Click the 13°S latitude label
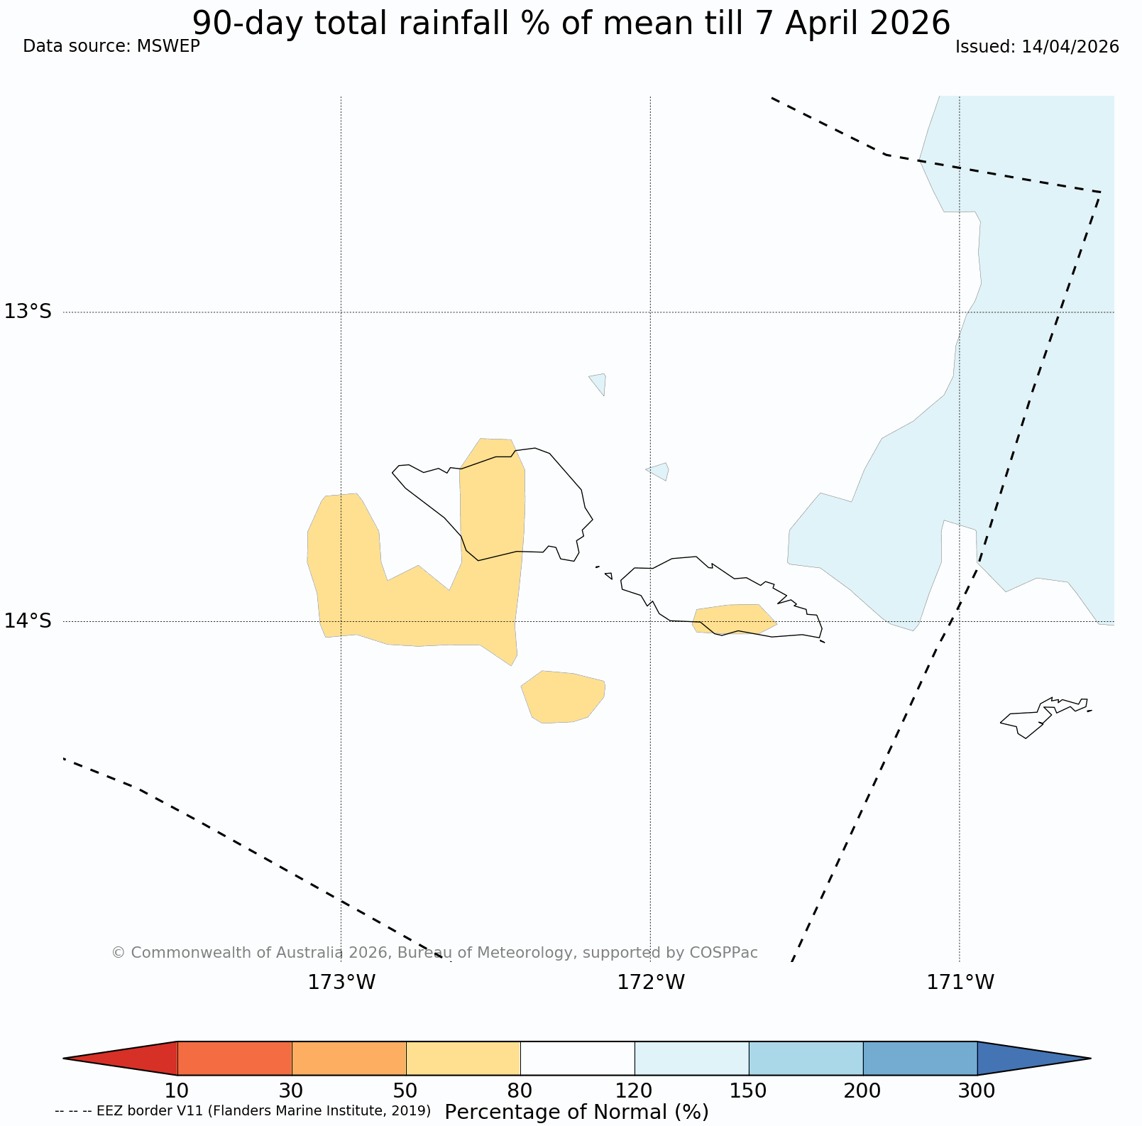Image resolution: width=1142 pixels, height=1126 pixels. [x=28, y=312]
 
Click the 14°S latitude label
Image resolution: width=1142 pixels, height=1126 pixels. [x=28, y=621]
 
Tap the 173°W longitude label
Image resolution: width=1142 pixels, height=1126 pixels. [x=341, y=983]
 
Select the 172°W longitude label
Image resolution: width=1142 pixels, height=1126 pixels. [x=651, y=983]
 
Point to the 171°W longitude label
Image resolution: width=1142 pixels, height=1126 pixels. [x=960, y=983]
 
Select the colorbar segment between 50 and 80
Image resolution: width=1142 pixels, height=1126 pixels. [x=463, y=1059]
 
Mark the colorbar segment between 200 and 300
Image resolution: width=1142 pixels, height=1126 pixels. [x=920, y=1059]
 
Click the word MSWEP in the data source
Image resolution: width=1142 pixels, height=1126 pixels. [x=168, y=47]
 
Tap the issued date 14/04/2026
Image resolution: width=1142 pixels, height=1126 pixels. [x=1070, y=47]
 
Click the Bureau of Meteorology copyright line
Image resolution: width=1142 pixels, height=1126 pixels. [x=434, y=953]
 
